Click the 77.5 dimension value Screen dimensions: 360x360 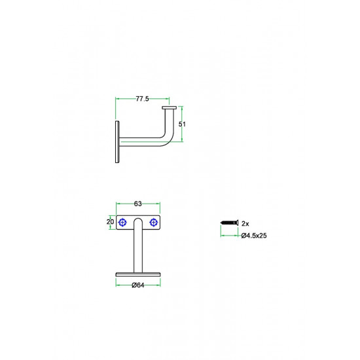[142, 99]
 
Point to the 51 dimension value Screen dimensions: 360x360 [182, 124]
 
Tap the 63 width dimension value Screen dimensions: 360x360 [137, 204]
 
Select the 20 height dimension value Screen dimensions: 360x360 [110, 221]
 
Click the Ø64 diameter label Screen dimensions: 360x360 [137, 285]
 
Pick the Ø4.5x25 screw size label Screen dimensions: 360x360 [254, 236]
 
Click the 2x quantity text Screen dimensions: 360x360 [245, 224]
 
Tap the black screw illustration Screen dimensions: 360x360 [229, 223]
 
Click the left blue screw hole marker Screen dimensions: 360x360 [122, 223]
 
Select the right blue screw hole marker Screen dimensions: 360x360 [154, 223]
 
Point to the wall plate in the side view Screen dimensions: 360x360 [117, 142]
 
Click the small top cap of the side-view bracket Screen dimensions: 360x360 [170, 107]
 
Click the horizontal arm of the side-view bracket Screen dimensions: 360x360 [140, 142]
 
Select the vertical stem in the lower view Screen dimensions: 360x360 [138, 248]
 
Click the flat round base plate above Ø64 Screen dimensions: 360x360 [138, 275]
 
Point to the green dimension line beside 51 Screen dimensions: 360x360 [182, 124]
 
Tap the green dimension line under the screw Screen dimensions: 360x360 [229, 236]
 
